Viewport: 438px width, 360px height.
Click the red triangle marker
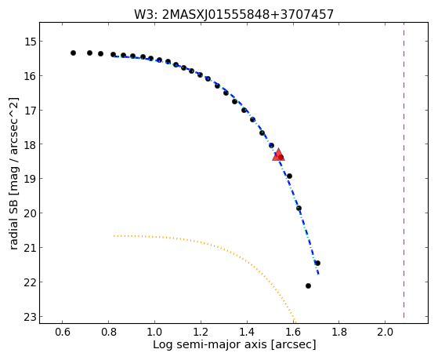pyautogui.click(x=278, y=155)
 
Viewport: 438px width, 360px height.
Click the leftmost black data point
pyautogui.click(x=73, y=53)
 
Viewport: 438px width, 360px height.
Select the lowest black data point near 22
pyautogui.click(x=308, y=285)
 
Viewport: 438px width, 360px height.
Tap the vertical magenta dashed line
pyautogui.click(x=404, y=170)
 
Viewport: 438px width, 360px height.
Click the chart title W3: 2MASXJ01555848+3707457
pyautogui.click(x=233, y=14)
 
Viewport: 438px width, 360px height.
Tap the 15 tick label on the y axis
pyautogui.click(x=30, y=42)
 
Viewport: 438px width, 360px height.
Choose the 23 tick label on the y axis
pyautogui.click(x=30, y=317)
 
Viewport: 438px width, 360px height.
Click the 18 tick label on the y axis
pyautogui.click(x=30, y=144)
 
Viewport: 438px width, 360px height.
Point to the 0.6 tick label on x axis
pyautogui.click(x=63, y=332)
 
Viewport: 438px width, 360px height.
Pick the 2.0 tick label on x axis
pyautogui.click(x=385, y=332)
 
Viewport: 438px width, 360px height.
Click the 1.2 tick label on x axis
pyautogui.click(x=201, y=332)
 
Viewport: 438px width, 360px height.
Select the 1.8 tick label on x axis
pyautogui.click(x=338, y=332)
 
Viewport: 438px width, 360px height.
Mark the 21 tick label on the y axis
pyautogui.click(x=30, y=248)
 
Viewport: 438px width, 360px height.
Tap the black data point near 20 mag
pyautogui.click(x=299, y=208)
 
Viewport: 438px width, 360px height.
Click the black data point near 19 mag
pyautogui.click(x=289, y=176)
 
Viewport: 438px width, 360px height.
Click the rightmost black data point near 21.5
pyautogui.click(x=317, y=263)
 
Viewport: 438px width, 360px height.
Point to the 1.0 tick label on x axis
pyautogui.click(x=154, y=332)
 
